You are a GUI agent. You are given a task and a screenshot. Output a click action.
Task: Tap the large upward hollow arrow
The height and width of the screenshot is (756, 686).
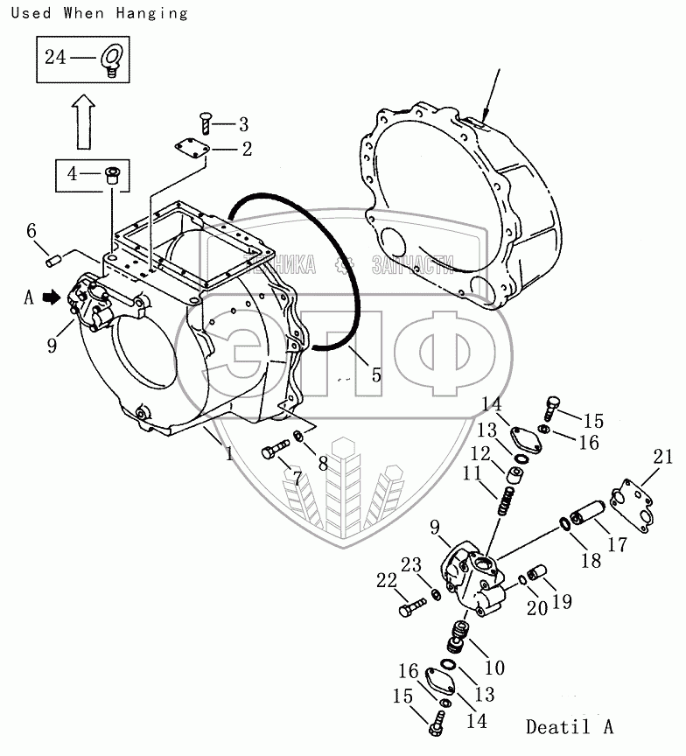85,122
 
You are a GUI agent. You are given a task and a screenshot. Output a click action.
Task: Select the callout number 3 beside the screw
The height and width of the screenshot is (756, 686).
244,123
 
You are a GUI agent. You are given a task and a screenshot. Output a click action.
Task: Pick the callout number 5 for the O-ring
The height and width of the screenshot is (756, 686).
375,375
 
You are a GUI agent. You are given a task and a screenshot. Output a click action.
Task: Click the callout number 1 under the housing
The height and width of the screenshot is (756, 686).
228,454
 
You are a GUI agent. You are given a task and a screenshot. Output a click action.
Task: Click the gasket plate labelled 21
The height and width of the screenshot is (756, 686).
636,507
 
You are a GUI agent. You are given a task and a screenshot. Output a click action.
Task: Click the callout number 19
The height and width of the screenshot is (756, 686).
561,602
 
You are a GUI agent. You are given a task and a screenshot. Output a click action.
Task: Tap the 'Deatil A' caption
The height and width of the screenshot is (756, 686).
570,726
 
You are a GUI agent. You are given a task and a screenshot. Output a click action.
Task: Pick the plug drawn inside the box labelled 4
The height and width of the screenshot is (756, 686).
111,174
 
